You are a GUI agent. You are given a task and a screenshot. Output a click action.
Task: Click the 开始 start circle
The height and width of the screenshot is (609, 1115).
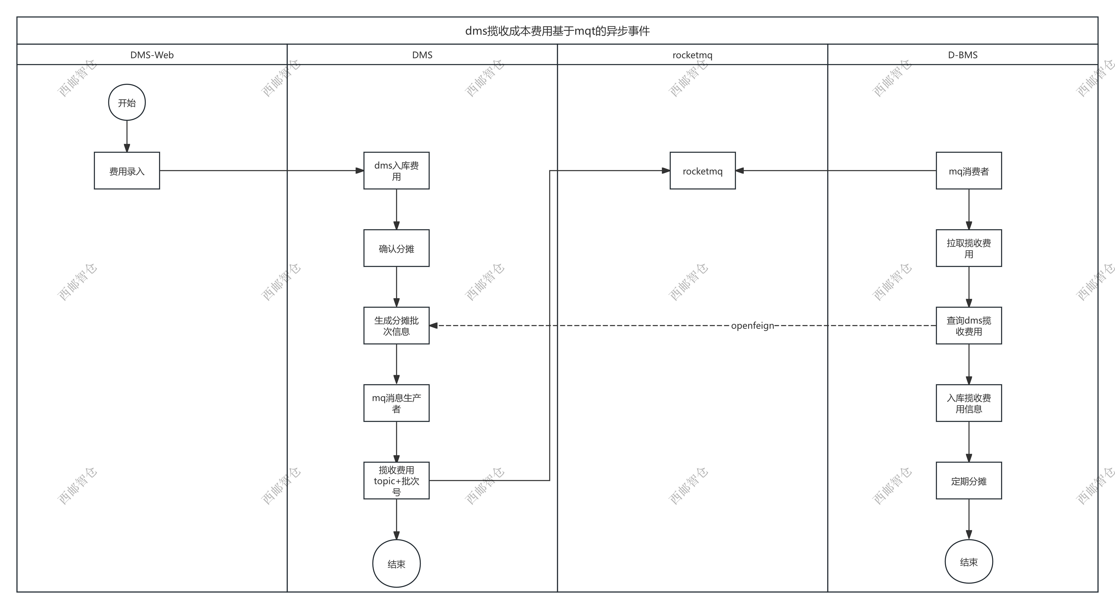[x=127, y=103]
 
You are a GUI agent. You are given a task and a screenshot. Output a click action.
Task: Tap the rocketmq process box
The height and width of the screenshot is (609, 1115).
[x=703, y=171]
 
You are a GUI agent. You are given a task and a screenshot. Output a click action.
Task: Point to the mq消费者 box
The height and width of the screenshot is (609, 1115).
[x=969, y=171]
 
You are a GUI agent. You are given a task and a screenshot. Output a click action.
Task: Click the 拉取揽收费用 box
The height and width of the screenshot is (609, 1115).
[x=969, y=248]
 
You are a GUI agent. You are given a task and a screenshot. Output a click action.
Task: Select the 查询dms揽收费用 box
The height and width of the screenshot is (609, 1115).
[x=969, y=326]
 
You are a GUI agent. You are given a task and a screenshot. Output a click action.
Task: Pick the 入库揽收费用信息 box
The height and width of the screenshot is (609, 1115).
[x=969, y=403]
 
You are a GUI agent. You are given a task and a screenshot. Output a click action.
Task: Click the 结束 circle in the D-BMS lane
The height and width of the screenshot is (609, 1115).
[x=969, y=562]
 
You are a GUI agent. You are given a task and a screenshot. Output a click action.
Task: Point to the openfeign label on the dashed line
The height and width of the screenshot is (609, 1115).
[x=752, y=326]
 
